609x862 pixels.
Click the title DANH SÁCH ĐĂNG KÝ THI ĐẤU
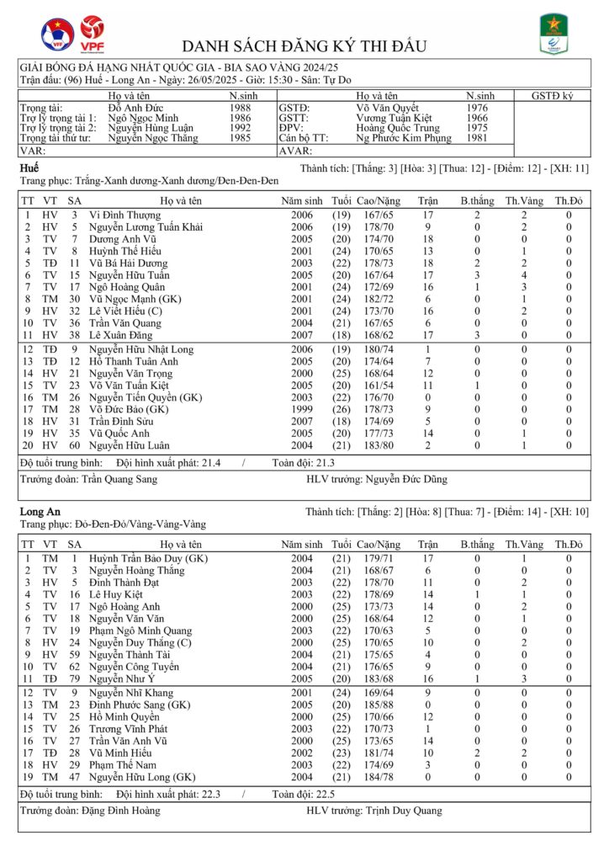pyautogui.click(x=304, y=45)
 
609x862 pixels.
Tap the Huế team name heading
pyautogui.click(x=28, y=169)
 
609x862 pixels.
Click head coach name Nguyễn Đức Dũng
pyautogui.click(x=407, y=480)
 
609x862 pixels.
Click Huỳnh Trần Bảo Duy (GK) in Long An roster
pyautogui.click(x=148, y=558)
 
